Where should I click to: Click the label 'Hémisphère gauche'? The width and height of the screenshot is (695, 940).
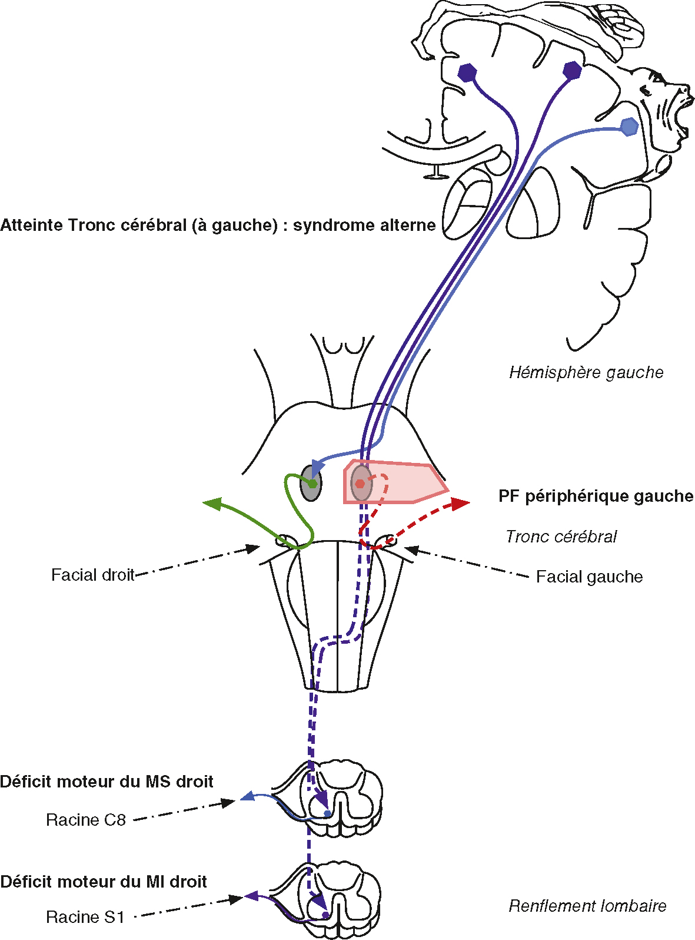586,373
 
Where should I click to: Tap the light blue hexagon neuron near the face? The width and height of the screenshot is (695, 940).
629,127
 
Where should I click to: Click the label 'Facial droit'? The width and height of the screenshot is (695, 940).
93,575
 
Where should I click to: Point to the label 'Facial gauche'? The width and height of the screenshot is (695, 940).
589,577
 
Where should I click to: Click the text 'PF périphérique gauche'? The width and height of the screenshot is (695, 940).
596,497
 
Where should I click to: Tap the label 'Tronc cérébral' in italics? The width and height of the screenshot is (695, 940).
561,537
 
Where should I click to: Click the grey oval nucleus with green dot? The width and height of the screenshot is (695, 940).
311,483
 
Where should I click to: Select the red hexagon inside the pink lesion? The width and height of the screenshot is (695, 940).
360,484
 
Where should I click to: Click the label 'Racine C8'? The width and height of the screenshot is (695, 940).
86,820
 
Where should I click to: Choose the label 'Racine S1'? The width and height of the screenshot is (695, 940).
85,917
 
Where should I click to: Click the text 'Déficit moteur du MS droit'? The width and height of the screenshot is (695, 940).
107,782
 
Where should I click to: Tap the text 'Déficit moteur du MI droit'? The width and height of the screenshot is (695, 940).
104,882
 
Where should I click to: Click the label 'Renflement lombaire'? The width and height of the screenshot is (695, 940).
587,906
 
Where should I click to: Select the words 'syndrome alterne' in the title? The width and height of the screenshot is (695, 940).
364,225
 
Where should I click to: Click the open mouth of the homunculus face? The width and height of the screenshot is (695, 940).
683,117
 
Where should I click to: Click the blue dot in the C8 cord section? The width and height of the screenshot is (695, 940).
328,814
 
